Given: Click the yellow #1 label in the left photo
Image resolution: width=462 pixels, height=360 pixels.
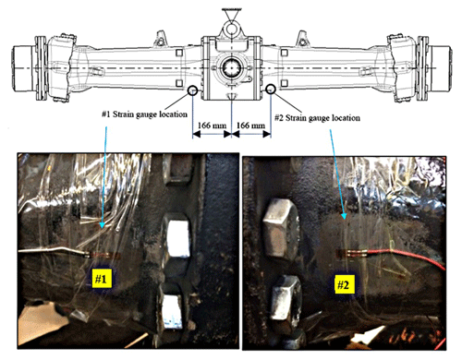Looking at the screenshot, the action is coord(102,278).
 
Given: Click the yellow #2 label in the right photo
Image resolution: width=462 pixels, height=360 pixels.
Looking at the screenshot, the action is coord(344,284).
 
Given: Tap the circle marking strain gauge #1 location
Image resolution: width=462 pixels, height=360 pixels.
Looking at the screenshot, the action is coord(192,90).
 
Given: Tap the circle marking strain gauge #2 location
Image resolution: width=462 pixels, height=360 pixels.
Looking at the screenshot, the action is coord(271,89).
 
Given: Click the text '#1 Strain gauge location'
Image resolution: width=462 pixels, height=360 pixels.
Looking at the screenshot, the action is coord(144,114).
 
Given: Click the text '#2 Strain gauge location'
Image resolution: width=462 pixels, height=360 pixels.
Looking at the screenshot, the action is coord(317,117).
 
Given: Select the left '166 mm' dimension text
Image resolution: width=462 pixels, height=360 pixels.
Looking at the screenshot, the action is coord(212,126).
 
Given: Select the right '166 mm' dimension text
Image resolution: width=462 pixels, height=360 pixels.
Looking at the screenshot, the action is coord(250,126).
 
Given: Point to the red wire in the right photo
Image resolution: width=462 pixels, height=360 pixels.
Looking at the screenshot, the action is coord(406,256).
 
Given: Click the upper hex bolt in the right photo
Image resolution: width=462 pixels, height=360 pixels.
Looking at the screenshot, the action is coord(281,227).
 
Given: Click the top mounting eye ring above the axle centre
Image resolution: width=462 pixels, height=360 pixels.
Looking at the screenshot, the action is coord(232,29).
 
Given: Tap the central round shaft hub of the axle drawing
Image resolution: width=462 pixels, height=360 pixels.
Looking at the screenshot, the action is coord(231,67).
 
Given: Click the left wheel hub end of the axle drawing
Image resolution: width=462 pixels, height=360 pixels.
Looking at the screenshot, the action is coord(22,68).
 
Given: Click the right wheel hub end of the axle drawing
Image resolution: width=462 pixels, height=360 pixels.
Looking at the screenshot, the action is coord(441,68).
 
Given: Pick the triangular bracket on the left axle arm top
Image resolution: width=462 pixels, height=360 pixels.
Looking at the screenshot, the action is coord(161,39).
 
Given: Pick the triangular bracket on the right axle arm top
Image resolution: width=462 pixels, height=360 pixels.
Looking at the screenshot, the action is coord(302,39).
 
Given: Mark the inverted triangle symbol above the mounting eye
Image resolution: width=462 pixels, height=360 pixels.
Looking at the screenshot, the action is coord(232,15).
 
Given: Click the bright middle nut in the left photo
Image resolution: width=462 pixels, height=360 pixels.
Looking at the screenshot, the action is coord(178,236).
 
